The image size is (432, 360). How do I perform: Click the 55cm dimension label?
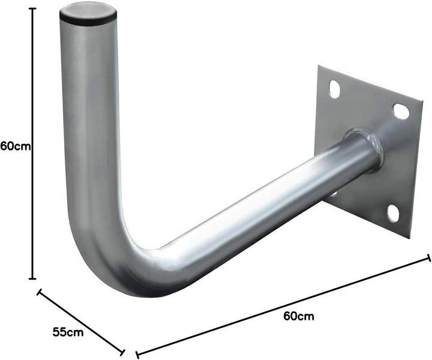67,331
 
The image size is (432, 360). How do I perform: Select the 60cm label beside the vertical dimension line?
16,146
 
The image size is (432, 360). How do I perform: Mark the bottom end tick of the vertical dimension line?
32,278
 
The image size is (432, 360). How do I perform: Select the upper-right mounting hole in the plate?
401,111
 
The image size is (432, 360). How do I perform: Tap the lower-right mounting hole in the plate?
392,212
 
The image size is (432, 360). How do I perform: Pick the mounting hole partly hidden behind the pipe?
334,193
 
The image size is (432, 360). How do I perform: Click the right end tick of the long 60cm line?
429,257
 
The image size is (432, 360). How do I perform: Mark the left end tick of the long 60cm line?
138,353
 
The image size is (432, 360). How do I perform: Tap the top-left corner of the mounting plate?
319,65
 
